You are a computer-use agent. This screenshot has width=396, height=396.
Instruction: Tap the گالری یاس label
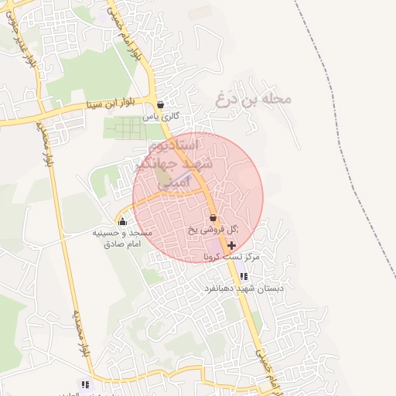tap(161, 117)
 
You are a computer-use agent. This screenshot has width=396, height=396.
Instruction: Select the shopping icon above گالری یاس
tap(160, 104)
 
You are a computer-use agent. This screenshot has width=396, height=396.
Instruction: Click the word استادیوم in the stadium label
tap(173, 145)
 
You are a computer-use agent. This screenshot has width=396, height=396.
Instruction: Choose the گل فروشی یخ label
tap(213, 230)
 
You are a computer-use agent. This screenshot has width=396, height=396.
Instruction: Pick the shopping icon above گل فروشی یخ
tap(213, 217)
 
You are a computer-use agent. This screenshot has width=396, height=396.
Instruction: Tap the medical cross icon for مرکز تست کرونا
tap(232, 244)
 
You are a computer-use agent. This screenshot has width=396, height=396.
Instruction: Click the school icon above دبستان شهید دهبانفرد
tap(243, 276)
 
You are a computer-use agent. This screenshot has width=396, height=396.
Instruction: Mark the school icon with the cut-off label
tap(85, 384)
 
